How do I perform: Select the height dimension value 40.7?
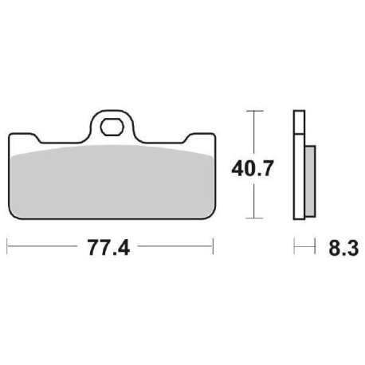[x=253, y=168]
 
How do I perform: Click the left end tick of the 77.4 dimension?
[x=8, y=249]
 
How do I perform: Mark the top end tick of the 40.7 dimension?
[x=253, y=110]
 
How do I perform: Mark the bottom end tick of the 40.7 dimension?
[x=253, y=217]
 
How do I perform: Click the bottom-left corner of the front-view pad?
[x=13, y=214]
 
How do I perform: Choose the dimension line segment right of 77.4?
[x=175, y=249]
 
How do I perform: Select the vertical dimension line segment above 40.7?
[x=253, y=131]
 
